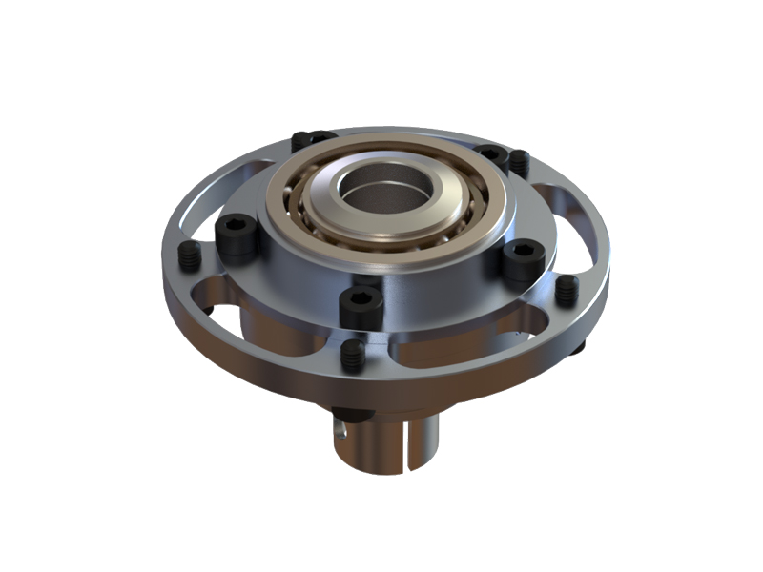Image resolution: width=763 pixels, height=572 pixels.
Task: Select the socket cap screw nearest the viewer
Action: tap(361, 305)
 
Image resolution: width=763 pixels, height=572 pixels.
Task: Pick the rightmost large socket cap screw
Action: tap(523, 258)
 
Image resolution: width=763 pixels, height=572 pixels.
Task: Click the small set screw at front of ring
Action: tap(353, 356)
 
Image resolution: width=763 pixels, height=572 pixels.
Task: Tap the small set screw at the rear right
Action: tap(519, 162)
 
